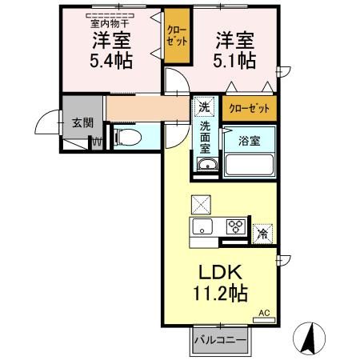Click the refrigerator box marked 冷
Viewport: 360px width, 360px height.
[262, 234]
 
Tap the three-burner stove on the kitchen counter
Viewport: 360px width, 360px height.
[234, 226]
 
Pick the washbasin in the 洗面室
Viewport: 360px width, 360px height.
[206, 165]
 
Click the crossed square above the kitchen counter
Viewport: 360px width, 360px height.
[200, 203]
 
